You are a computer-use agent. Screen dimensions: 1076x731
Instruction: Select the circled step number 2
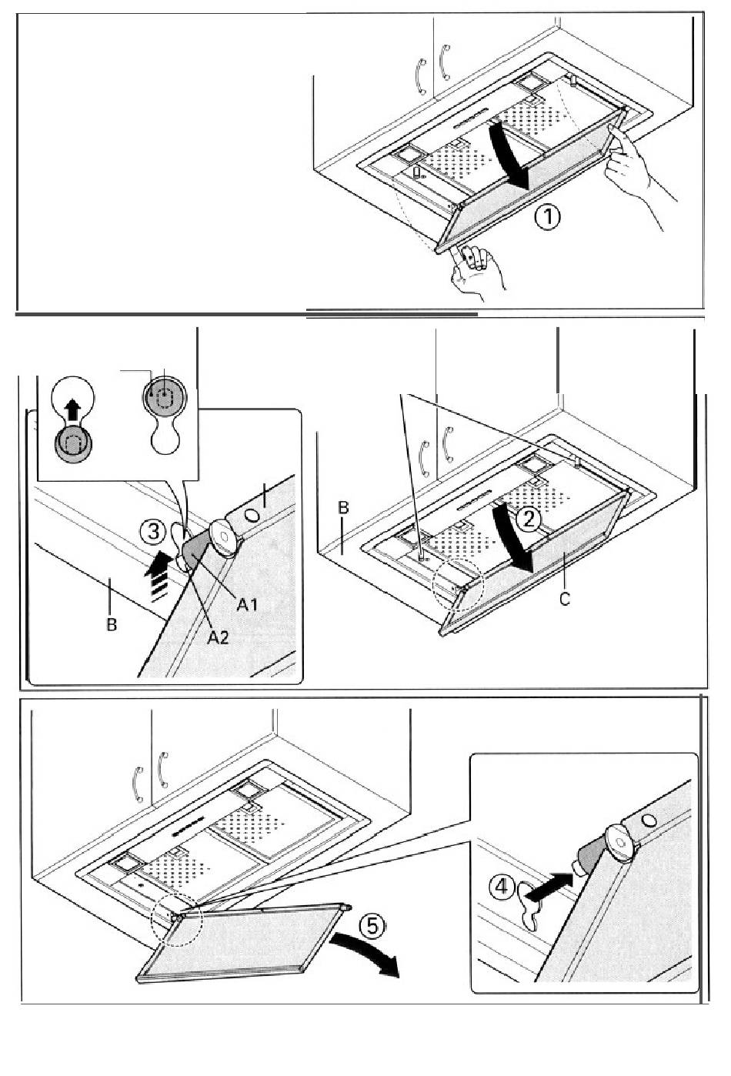pos(529,520)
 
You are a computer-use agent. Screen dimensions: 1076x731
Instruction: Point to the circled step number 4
pos(501,887)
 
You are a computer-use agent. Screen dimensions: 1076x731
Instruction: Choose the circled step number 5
pos(371,926)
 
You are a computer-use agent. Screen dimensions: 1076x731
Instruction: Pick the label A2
pos(219,637)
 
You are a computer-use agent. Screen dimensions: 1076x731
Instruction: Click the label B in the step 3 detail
pos(112,624)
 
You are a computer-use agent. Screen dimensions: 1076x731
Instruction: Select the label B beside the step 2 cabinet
pos(344,508)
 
